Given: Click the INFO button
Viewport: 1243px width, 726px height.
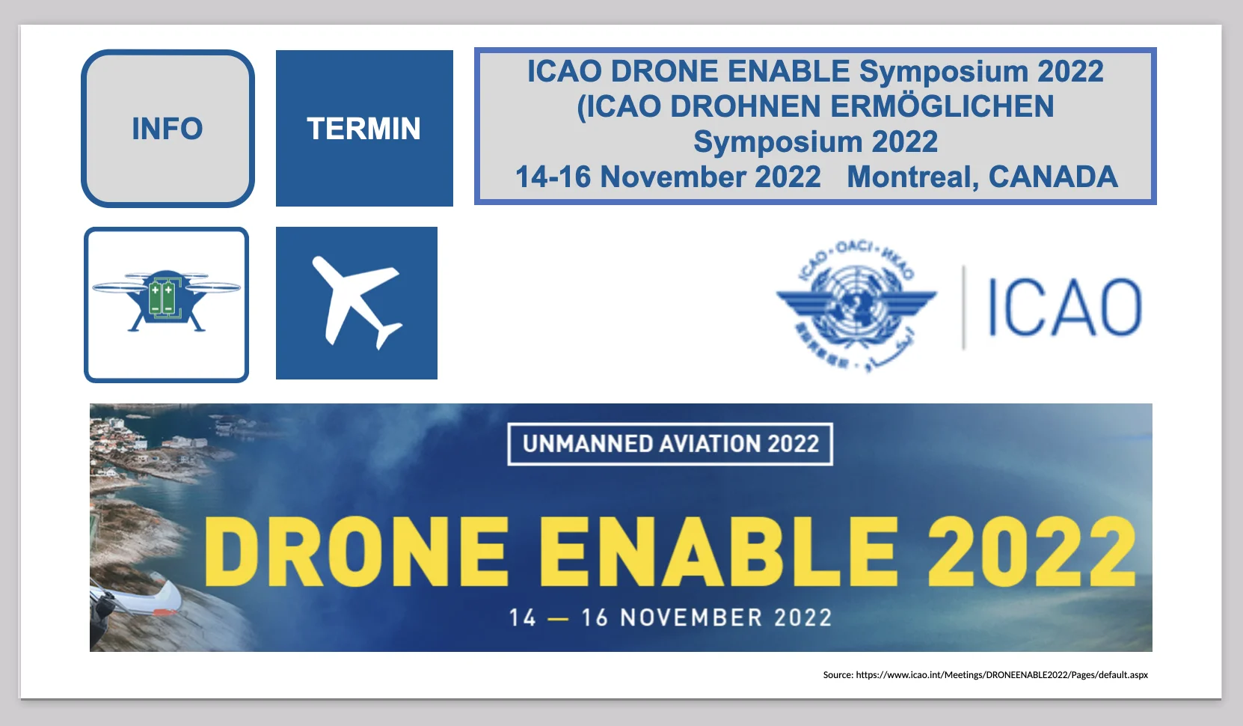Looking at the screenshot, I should point(168,129).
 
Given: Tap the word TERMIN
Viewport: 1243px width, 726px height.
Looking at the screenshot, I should point(363,129).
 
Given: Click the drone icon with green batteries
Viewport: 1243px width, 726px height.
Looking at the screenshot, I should point(166,302).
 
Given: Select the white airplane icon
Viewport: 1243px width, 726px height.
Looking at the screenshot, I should point(357,303).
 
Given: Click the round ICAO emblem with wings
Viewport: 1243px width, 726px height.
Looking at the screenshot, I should point(856,305).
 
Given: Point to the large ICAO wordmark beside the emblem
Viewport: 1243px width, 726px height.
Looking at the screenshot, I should point(1064,307).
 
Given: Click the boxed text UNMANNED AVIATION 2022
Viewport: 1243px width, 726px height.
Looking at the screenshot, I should point(670,444).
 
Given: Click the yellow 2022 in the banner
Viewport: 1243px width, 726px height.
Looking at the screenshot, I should point(1031,552).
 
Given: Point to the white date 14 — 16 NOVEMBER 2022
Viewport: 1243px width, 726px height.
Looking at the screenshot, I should point(670,617).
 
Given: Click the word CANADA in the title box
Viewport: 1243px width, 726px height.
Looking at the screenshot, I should point(1053,177).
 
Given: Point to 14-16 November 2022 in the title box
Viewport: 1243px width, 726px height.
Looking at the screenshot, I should point(668,177).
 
